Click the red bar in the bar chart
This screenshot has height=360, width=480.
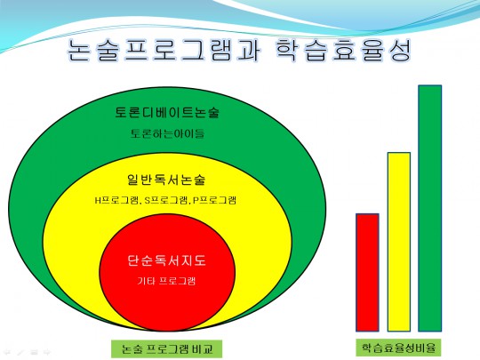[x=367, y=273]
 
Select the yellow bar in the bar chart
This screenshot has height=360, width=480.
[x=399, y=242]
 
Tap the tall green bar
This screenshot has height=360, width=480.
[x=430, y=208]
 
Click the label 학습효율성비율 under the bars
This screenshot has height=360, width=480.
[x=398, y=348]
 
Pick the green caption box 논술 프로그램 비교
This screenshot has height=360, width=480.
[x=166, y=348]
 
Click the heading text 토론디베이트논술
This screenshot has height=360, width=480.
[x=167, y=112]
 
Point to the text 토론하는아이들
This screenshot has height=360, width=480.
[x=167, y=133]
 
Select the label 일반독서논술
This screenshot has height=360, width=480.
[x=166, y=180]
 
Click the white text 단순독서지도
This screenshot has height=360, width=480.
[x=166, y=260]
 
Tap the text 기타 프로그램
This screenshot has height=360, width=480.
[x=166, y=281]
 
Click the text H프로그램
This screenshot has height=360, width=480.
[x=116, y=200]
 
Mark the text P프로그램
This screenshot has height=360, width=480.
[x=214, y=200]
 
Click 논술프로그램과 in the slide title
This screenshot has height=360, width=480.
[x=164, y=50]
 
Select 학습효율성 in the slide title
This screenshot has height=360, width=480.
[x=343, y=50]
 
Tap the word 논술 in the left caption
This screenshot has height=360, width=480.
[x=132, y=349]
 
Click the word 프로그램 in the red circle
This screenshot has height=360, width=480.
[x=177, y=281]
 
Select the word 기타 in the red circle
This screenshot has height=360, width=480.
[x=146, y=281]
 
